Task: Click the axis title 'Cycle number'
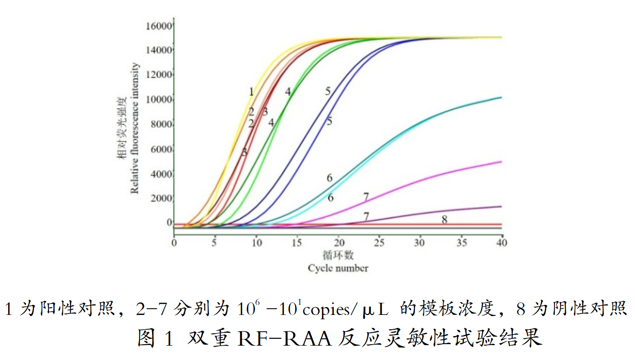click(338, 268)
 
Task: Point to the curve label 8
click(445, 220)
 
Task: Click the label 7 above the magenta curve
click(366, 197)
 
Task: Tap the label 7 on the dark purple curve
click(366, 217)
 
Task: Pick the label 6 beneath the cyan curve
click(330, 197)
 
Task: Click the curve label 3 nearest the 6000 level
click(244, 152)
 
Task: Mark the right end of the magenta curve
click(501, 162)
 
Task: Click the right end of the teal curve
click(501, 98)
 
